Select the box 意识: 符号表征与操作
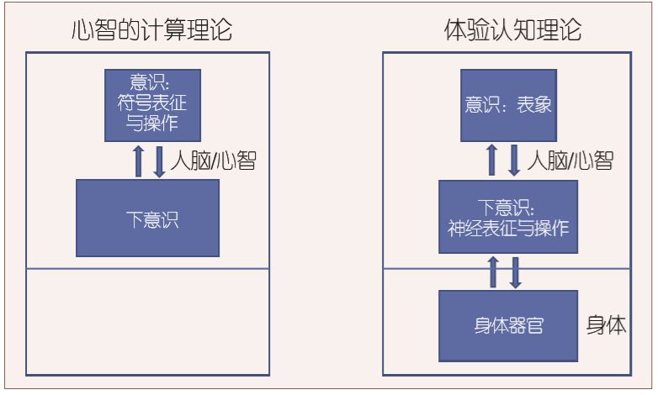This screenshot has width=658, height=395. pyautogui.click(x=152, y=105)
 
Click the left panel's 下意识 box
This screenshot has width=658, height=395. pyautogui.click(x=148, y=219)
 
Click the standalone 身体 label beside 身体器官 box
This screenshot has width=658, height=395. pyautogui.click(x=607, y=325)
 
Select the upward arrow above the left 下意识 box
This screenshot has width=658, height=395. pyautogui.click(x=139, y=161)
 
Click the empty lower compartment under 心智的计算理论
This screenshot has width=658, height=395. pyautogui.click(x=147, y=322)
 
